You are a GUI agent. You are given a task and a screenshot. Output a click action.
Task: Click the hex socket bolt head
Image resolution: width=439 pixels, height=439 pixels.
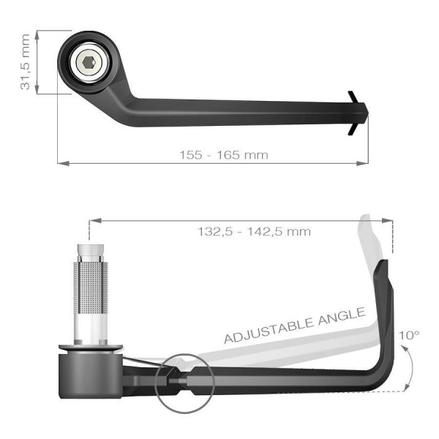pyautogui.click(x=89, y=62)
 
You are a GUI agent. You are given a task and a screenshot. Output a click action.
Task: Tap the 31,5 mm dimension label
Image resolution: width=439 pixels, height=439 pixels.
pyautogui.click(x=25, y=62)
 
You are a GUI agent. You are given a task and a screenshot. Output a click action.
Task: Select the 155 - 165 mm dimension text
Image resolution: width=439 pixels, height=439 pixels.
pyautogui.click(x=224, y=155)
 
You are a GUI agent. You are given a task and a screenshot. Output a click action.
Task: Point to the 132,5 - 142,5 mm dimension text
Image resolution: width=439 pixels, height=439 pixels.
pyautogui.click(x=254, y=232)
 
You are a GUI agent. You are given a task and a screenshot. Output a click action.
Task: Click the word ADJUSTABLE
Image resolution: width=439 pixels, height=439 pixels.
pyautogui.click(x=269, y=330)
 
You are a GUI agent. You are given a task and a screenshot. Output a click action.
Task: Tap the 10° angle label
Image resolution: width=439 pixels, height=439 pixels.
pyautogui.click(x=409, y=335)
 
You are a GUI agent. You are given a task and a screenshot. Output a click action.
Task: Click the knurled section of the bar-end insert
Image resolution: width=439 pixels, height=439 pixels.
pyautogui.click(x=91, y=288)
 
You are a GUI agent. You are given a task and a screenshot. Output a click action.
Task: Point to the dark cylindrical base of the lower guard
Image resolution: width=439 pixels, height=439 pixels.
pyautogui.click(x=90, y=376)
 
